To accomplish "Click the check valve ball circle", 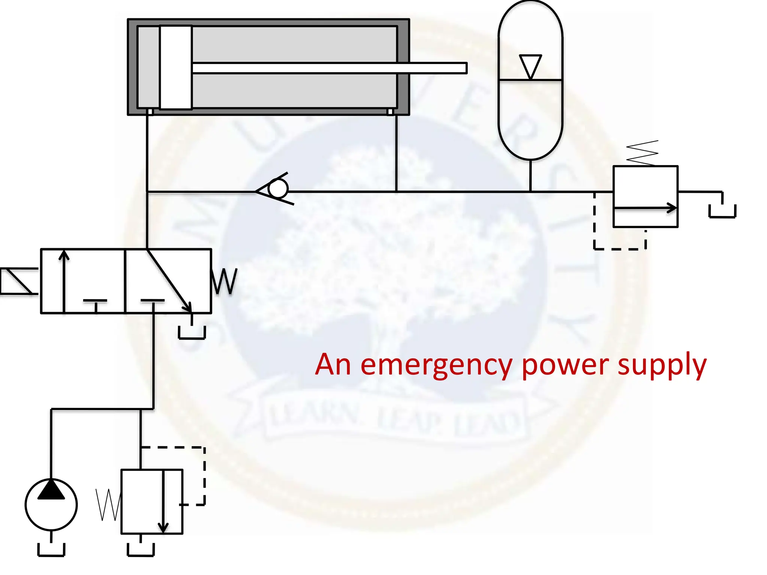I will (278, 189).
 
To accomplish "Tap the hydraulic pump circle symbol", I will (51, 505).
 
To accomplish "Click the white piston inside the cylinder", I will (176, 67).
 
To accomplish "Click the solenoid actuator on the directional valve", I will (19, 281).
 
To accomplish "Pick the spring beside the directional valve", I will (224, 281).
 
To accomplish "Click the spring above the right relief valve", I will (642, 153).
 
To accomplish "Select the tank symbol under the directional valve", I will (192, 332).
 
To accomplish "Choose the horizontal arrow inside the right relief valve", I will (645, 208).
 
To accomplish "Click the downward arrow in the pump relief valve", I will (163, 502).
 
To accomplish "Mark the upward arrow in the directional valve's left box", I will (64, 281).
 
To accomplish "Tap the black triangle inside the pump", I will (51, 490).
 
